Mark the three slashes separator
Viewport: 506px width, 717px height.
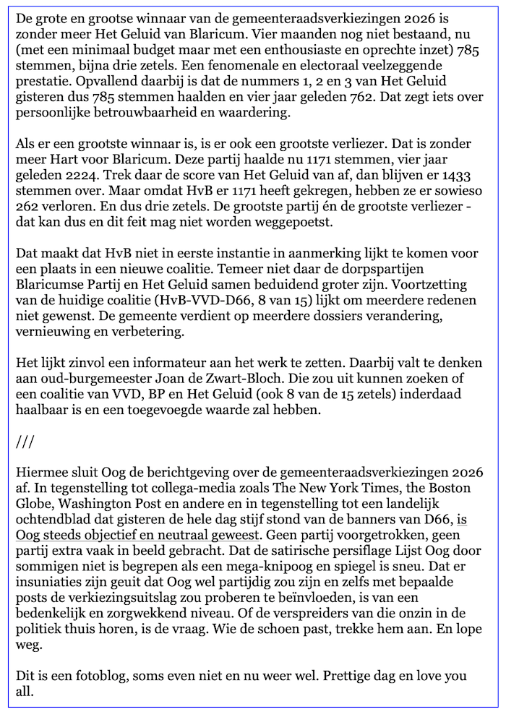coord(25,441)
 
